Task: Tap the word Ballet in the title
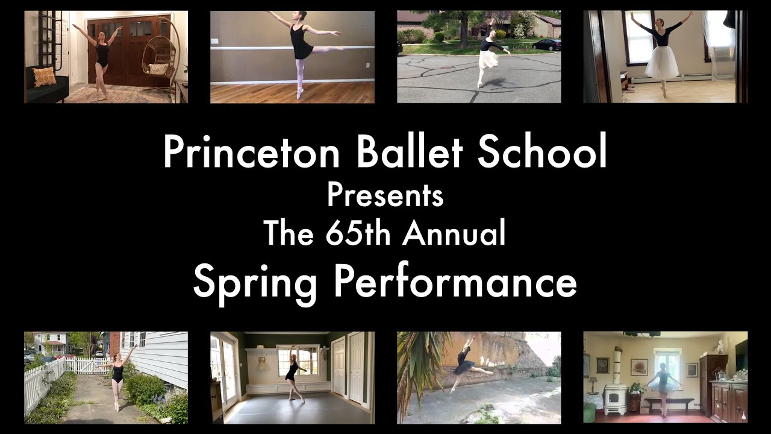[x=410, y=152]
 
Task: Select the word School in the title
[x=542, y=152]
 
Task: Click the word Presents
[x=385, y=195]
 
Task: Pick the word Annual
[x=455, y=233]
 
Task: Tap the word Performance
[x=455, y=281]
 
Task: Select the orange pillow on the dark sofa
[x=44, y=77]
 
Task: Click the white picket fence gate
[x=84, y=365]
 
